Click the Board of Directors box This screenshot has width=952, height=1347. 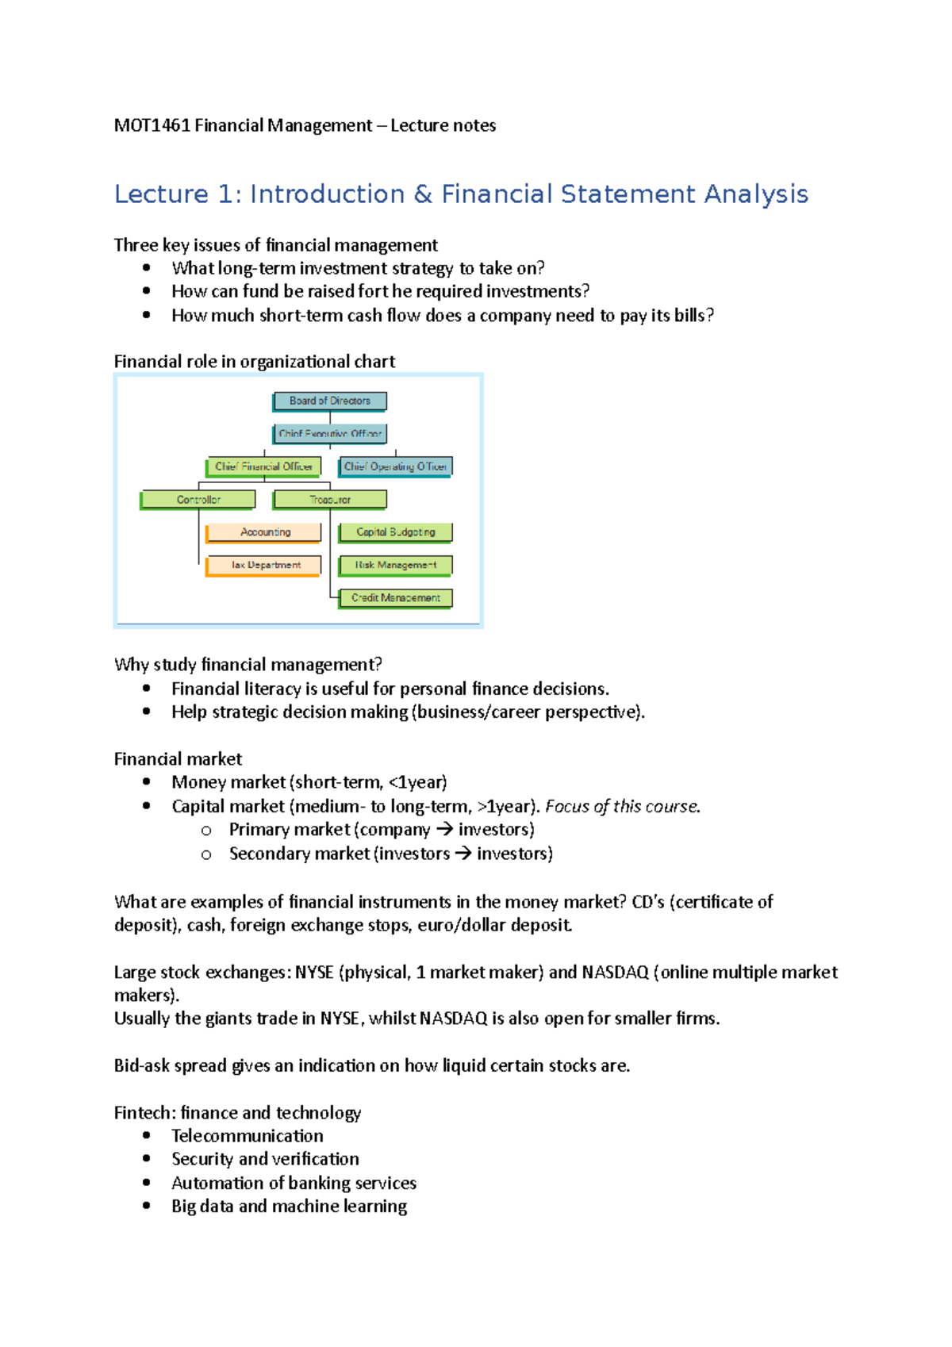[x=329, y=401]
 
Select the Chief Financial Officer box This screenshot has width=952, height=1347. [x=263, y=466]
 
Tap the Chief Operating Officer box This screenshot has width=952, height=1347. [x=395, y=466]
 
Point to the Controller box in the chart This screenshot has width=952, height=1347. [x=198, y=500]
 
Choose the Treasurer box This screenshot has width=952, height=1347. [x=330, y=500]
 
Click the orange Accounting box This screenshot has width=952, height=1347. [x=264, y=532]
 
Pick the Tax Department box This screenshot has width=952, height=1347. [x=264, y=565]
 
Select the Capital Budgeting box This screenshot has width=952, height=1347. [x=395, y=532]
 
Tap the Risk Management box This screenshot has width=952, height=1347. [x=395, y=565]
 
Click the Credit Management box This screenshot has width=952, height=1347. [x=395, y=597]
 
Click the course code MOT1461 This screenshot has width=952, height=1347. [x=152, y=125]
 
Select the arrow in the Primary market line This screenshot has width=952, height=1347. [x=444, y=830]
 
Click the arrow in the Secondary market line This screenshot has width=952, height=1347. [x=463, y=854]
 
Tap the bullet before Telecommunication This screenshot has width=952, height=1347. [x=146, y=1136]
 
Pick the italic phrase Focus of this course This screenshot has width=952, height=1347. [x=622, y=807]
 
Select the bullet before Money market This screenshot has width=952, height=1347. [x=146, y=782]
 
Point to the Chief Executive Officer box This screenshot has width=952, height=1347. [x=329, y=434]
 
